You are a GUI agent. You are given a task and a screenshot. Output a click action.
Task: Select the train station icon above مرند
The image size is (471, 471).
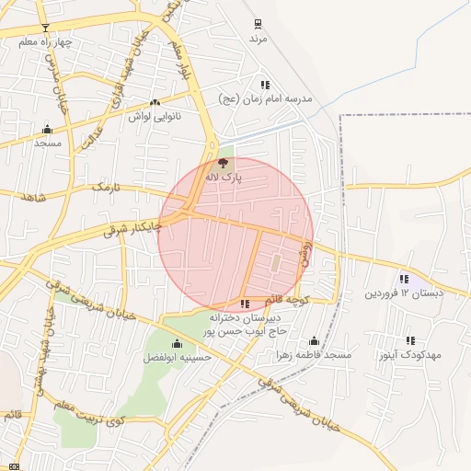tap(258, 24)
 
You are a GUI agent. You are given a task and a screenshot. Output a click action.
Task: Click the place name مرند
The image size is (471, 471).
tap(258, 40)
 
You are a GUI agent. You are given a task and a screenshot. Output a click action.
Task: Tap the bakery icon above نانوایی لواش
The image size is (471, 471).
tap(154, 103)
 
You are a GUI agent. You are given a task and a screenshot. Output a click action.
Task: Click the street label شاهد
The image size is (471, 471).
tap(32, 197)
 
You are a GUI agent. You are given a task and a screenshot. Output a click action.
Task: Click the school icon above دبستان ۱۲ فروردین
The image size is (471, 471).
tap(404, 279)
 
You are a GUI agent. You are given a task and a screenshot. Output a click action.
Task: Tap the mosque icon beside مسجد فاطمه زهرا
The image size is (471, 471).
tap(314, 340)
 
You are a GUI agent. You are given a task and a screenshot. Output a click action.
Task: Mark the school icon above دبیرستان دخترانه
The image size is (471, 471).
tap(244, 304)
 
